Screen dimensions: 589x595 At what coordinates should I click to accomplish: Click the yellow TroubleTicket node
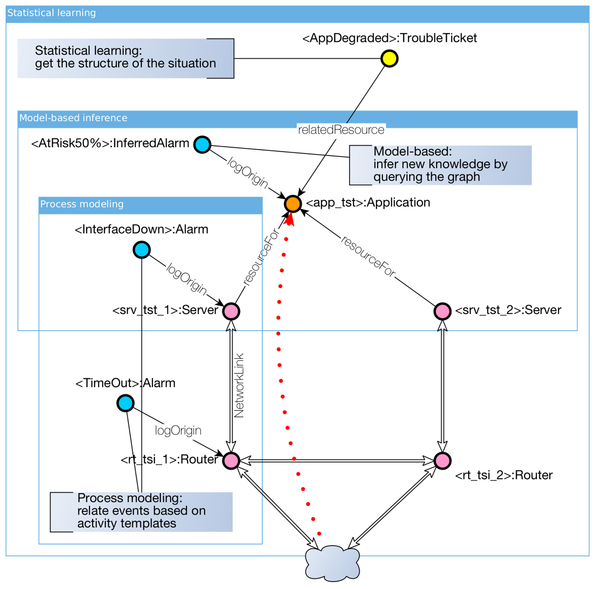(389, 59)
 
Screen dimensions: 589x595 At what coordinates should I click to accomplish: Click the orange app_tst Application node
(292, 203)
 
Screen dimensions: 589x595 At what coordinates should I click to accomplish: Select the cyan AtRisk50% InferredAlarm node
(202, 144)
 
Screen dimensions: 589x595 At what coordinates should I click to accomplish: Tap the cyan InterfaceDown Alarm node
(142, 249)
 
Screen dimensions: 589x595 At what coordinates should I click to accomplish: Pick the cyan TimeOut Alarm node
(125, 403)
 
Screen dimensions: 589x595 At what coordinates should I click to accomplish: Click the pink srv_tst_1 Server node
(231, 311)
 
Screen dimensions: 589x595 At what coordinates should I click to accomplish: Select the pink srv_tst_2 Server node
(442, 311)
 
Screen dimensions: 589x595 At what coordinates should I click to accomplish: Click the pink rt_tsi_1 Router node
(231, 460)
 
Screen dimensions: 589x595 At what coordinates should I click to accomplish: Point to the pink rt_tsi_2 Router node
(442, 460)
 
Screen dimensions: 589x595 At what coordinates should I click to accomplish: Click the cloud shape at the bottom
(332, 563)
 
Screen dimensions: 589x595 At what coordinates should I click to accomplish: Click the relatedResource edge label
(341, 130)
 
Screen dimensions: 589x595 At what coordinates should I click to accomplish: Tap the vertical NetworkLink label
(239, 386)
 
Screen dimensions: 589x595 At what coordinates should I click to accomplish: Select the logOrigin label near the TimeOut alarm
(178, 431)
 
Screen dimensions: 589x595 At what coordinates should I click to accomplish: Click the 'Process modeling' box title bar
(150, 205)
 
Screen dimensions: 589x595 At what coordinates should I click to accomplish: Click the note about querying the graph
(440, 165)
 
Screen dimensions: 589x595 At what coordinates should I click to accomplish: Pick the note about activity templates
(141, 511)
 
